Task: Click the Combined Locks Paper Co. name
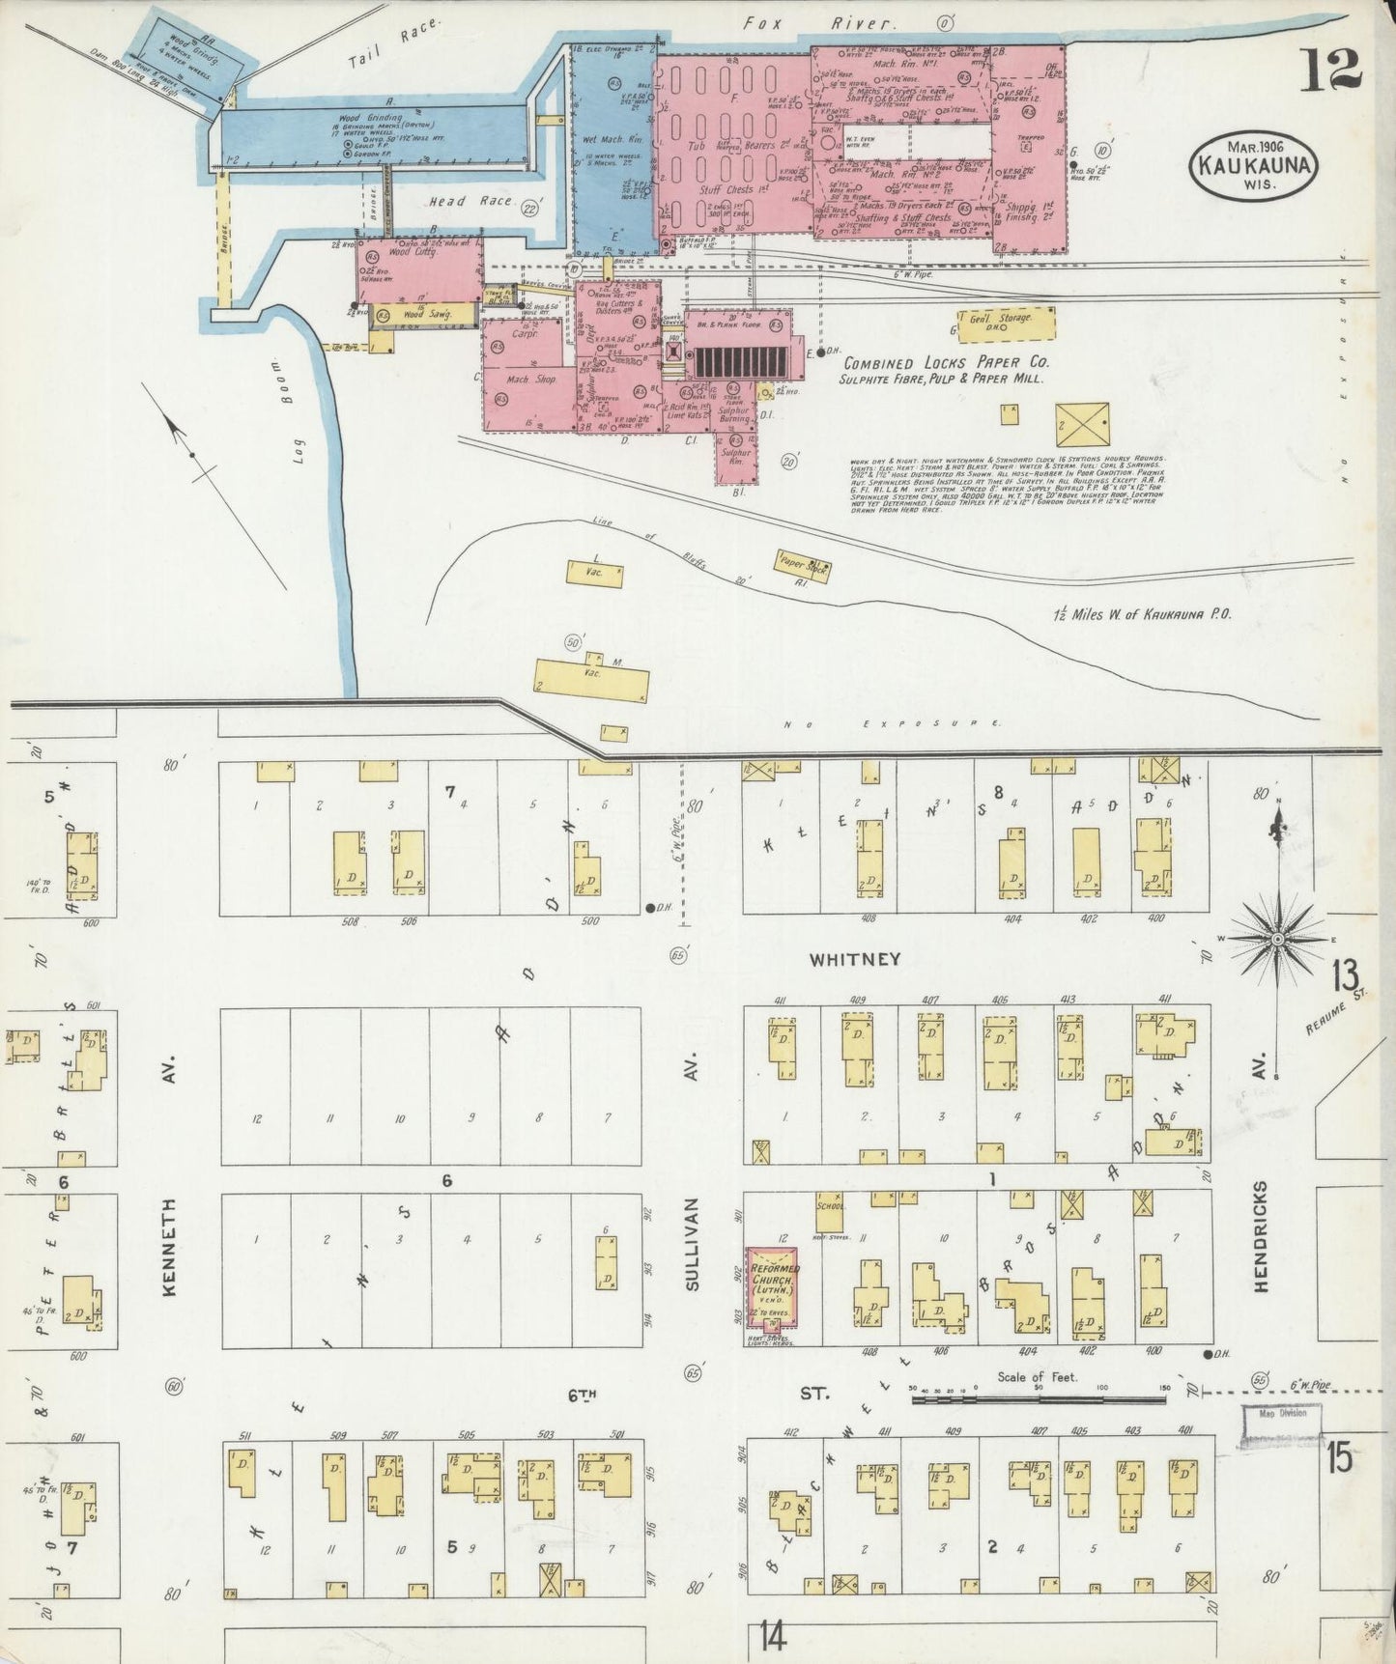click(946, 364)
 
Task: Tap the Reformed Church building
click(771, 1281)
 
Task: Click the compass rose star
click(1277, 938)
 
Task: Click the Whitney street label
click(855, 959)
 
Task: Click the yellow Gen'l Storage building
click(1004, 324)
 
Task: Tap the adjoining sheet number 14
click(771, 1636)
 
